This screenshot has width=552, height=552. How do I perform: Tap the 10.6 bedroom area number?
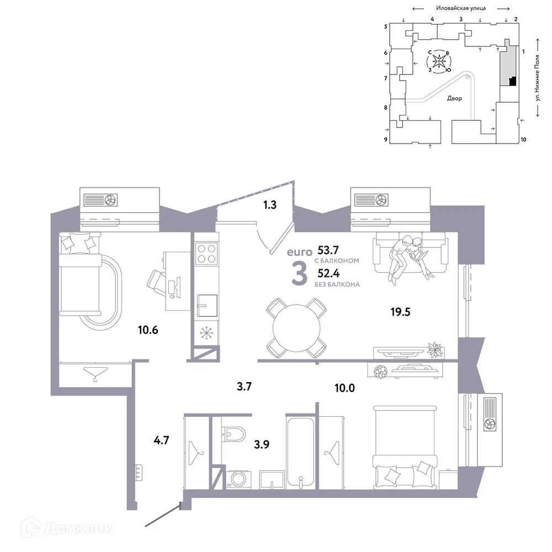click(x=148, y=330)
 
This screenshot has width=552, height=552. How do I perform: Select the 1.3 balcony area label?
click(x=269, y=205)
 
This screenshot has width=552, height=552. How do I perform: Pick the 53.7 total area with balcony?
click(x=330, y=250)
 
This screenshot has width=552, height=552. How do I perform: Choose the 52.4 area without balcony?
click(x=330, y=273)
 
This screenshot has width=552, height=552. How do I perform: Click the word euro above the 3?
click(x=299, y=252)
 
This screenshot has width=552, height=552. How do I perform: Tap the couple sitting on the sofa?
click(x=408, y=255)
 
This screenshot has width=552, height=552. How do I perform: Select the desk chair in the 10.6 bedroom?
click(x=160, y=280)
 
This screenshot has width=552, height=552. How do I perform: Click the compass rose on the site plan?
click(x=440, y=61)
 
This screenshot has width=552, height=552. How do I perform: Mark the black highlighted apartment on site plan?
click(x=512, y=82)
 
